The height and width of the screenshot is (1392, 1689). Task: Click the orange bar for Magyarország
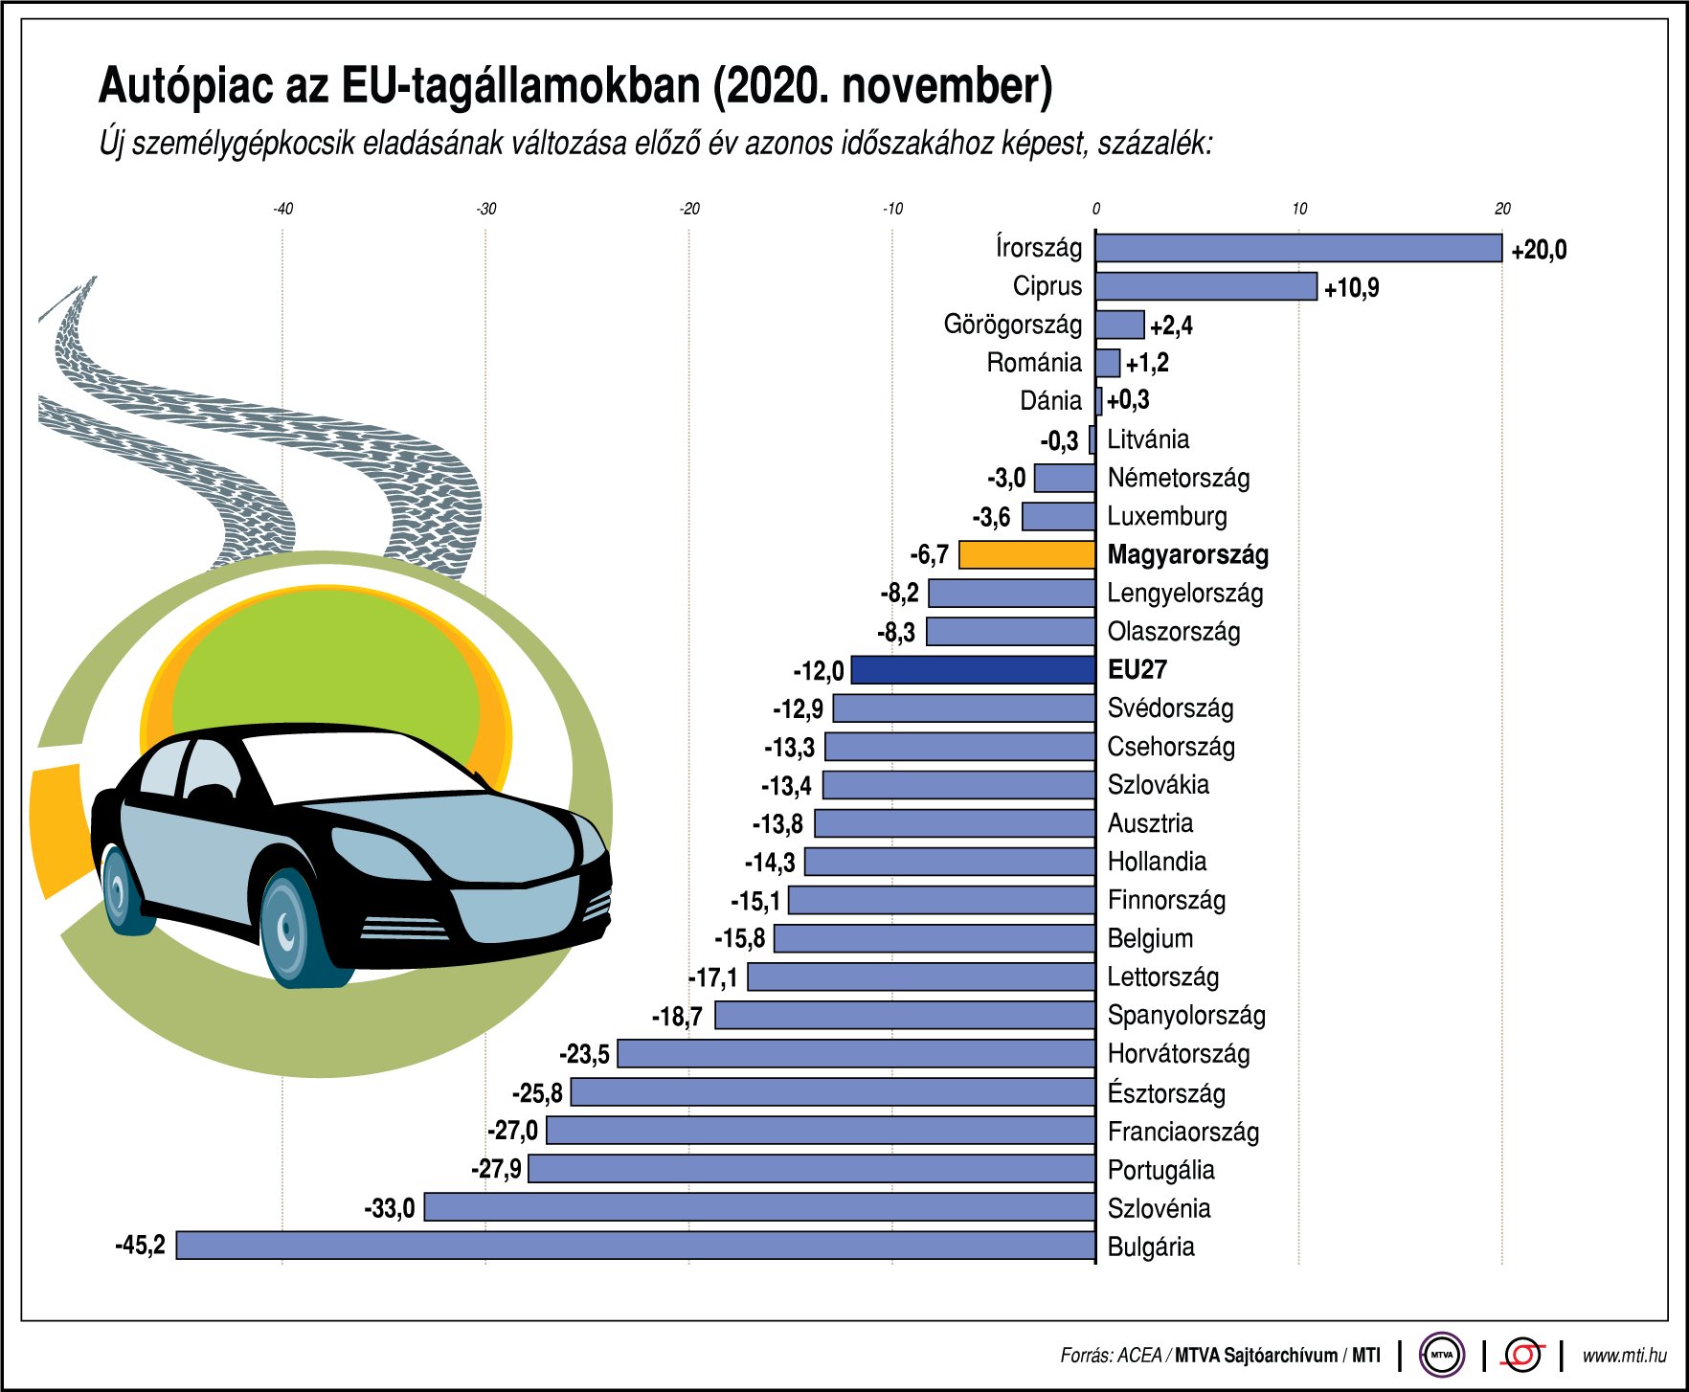click(x=1026, y=554)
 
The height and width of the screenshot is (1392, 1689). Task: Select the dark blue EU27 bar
click(x=973, y=669)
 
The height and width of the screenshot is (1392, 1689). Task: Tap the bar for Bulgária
click(x=636, y=1246)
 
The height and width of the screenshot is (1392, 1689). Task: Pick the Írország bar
click(x=1298, y=248)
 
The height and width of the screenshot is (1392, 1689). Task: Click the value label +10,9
click(x=1351, y=287)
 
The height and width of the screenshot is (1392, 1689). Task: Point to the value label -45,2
click(x=140, y=1246)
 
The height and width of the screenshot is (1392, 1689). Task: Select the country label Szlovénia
click(x=1159, y=1208)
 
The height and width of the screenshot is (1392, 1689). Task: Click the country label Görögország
click(x=1012, y=325)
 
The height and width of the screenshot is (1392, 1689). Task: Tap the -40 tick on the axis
click(x=282, y=209)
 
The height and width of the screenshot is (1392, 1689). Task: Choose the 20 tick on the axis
click(x=1502, y=209)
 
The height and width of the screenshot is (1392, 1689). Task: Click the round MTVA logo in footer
click(x=1441, y=1355)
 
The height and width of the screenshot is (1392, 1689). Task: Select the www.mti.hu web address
click(x=1624, y=1356)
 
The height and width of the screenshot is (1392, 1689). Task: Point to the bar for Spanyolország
click(x=905, y=1015)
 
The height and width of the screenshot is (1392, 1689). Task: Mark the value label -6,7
click(x=929, y=555)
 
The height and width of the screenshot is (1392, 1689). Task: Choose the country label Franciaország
click(x=1182, y=1132)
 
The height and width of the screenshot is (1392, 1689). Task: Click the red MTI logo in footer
click(x=1523, y=1355)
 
